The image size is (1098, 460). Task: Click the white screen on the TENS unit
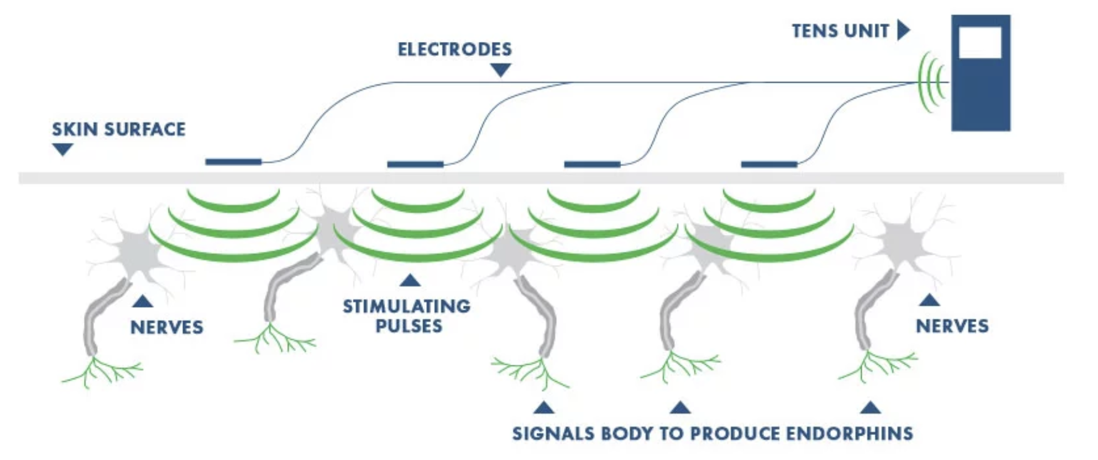coord(980,43)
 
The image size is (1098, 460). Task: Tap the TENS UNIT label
coord(840,31)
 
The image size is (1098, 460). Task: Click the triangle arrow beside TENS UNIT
coord(903,29)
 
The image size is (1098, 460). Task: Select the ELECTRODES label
coord(454,50)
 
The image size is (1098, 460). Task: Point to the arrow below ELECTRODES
coord(500,70)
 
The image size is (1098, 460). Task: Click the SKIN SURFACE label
coord(118,130)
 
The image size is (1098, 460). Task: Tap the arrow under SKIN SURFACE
coord(63,149)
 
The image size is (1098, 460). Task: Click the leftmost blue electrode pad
coord(233,162)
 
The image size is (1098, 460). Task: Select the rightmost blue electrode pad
coord(769,164)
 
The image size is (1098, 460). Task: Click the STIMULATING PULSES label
coord(407,316)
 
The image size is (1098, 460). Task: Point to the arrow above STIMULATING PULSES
coord(410,280)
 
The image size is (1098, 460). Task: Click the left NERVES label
coord(167,327)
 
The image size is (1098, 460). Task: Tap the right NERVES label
coord(952,326)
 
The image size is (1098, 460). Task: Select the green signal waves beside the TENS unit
coord(933,82)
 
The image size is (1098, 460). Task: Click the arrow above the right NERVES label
coord(929,300)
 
